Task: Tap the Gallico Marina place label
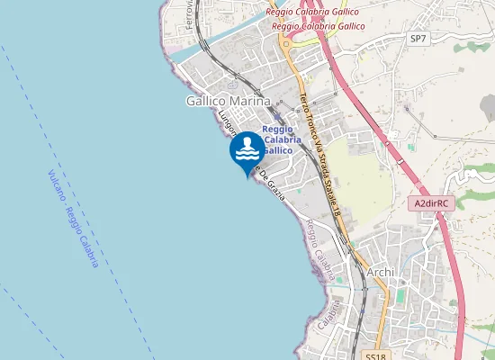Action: pyautogui.click(x=228, y=102)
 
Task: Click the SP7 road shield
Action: pyautogui.click(x=417, y=39)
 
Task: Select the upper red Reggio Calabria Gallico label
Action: pyautogui.click(x=312, y=12)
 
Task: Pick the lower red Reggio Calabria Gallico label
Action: pyautogui.click(x=318, y=26)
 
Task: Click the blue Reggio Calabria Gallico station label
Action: pyautogui.click(x=278, y=139)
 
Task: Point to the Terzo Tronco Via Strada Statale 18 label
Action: pyautogui.click(x=321, y=148)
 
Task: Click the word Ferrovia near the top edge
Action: pyautogui.click(x=189, y=13)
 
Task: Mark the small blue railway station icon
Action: pyautogui.click(x=277, y=118)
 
